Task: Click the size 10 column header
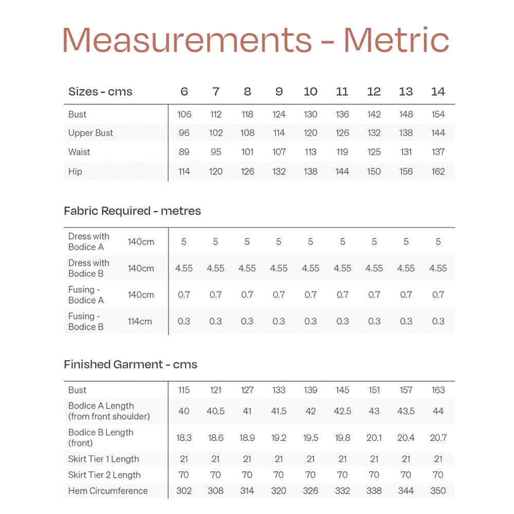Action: [310, 91]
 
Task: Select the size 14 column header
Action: [438, 91]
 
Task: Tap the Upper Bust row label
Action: [90, 133]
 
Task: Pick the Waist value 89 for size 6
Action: [184, 152]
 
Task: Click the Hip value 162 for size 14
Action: [438, 172]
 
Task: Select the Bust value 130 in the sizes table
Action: [310, 114]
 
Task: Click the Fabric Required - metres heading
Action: [132, 211]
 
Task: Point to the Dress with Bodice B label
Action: [89, 268]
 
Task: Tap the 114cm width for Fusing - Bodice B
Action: [140, 322]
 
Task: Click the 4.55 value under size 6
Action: [184, 268]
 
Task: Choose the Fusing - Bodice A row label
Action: [86, 295]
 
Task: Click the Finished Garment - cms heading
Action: [131, 364]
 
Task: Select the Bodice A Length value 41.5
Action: [279, 411]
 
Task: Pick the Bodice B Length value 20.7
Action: [438, 438]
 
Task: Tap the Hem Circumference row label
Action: [108, 491]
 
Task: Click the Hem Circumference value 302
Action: [184, 491]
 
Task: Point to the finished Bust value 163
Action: [438, 390]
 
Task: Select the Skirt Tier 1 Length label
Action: [104, 459]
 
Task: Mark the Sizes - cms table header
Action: [100, 92]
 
